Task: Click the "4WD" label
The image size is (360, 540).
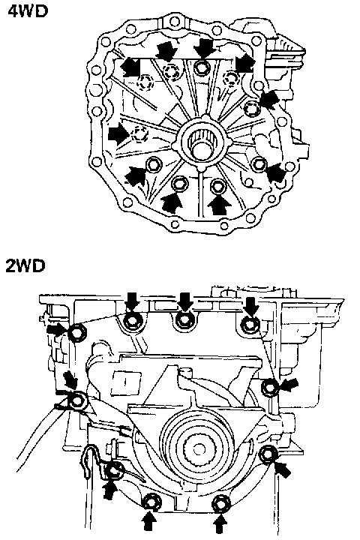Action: pos(28,11)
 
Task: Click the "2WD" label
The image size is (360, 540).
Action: pos(26,265)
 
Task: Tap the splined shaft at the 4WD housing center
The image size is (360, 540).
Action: pos(202,144)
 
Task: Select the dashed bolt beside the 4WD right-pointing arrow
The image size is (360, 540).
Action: pos(139,133)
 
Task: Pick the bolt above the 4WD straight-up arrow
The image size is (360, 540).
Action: pos(217,186)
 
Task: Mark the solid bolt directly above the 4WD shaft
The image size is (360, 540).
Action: pos(202,67)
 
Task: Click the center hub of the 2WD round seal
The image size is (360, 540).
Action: pos(199,448)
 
